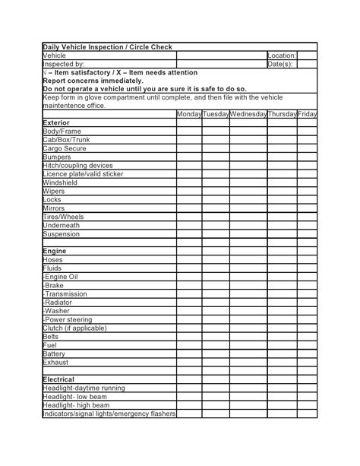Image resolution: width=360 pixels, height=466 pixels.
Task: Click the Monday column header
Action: click(188, 114)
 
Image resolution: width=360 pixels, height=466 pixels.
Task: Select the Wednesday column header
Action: click(248, 114)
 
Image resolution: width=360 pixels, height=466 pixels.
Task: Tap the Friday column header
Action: click(307, 114)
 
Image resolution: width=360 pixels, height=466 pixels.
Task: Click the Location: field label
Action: click(281, 55)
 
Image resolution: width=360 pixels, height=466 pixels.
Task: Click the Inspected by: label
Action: click(64, 64)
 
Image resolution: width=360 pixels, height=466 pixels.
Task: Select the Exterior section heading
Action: click(56, 122)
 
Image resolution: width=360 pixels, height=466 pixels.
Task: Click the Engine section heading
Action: click(55, 250)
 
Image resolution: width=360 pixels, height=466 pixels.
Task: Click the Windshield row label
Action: click(60, 182)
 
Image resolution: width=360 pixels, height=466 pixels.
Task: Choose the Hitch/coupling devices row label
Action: click(78, 165)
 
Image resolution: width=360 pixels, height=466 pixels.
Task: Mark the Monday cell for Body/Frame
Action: click(188, 132)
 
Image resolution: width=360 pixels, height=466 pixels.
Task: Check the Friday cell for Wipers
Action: click(307, 191)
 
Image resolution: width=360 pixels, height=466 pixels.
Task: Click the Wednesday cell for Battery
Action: click(248, 353)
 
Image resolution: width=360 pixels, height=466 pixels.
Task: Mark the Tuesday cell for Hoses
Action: click(215, 259)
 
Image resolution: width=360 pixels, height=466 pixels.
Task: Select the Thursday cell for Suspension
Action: click(282, 233)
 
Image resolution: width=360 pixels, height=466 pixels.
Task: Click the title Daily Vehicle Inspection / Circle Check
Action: click(107, 47)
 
